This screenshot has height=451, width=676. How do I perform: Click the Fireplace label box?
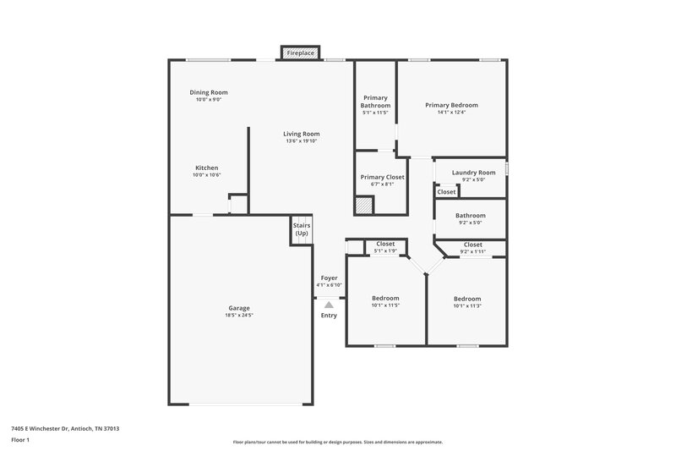tap(300, 53)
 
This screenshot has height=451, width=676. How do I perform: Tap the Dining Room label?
tap(209, 92)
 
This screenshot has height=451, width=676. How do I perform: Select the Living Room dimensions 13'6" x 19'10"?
tap(302, 141)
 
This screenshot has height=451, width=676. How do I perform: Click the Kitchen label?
tap(207, 168)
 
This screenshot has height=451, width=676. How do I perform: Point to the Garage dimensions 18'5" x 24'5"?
tap(239, 316)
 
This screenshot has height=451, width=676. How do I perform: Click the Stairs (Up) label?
tap(302, 229)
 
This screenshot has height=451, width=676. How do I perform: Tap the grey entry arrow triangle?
tap(329, 304)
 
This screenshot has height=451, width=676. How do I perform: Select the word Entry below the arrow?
tap(329, 316)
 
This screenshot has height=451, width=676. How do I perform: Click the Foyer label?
tap(329, 278)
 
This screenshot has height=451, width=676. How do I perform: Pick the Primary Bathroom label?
tap(376, 102)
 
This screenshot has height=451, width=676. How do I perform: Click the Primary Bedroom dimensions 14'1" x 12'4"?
tap(451, 113)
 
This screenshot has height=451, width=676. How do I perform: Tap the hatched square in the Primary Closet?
tap(363, 206)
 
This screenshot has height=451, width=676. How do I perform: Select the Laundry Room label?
tap(473, 173)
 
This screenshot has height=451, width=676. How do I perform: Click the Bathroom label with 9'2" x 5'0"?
tap(471, 216)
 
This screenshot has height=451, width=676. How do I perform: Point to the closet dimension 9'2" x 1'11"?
tap(473, 251)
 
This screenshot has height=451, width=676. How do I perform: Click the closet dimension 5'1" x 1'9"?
tap(385, 251)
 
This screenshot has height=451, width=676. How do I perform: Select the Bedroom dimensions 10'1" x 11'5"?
tap(385, 306)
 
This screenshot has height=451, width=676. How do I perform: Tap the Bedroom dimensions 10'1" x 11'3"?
tap(467, 306)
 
